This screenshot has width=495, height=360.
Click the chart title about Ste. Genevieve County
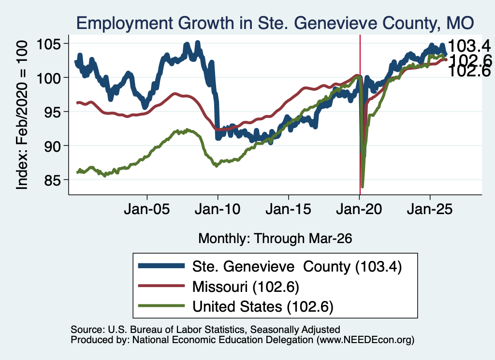(x=275, y=23)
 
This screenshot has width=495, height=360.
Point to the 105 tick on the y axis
(x=49, y=44)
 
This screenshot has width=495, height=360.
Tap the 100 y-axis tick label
(x=49, y=78)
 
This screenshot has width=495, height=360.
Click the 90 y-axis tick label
(x=52, y=146)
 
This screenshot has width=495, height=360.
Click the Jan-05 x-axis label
(x=147, y=209)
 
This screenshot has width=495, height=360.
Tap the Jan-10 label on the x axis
(x=218, y=209)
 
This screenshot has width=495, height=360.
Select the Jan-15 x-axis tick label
(x=288, y=209)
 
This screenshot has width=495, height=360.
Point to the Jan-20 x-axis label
(x=359, y=209)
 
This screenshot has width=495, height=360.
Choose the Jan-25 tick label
(x=430, y=209)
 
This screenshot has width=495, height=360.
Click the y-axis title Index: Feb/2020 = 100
(x=22, y=115)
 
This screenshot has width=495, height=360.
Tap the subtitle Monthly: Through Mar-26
(x=275, y=239)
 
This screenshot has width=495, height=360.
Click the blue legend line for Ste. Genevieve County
(x=161, y=266)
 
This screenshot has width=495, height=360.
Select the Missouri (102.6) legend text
(x=246, y=287)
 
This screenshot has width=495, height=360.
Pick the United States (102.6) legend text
(x=263, y=307)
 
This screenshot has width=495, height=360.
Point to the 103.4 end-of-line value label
(x=469, y=46)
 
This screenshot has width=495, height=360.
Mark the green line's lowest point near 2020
(x=363, y=187)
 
